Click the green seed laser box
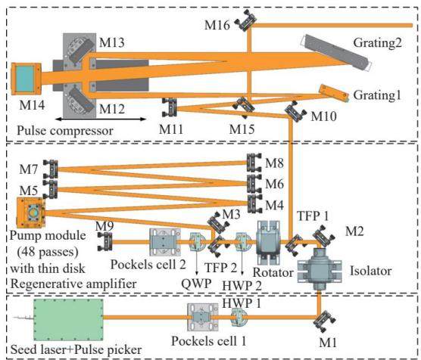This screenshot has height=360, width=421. click(x=68, y=319)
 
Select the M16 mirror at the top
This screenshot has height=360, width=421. click(x=245, y=20)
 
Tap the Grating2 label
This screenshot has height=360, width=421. click(x=377, y=43)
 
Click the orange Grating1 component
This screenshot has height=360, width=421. click(x=334, y=93)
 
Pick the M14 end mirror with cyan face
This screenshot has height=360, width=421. click(x=26, y=79)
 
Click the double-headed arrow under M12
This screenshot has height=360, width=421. click(x=101, y=119)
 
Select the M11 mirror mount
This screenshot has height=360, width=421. click(x=170, y=107)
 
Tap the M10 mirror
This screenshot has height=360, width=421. click(x=295, y=111)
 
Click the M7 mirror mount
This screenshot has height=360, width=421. click(x=51, y=169)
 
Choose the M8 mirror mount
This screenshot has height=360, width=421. click(x=254, y=163)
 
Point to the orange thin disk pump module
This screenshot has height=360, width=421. click(x=30, y=213)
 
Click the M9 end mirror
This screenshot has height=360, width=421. click(x=105, y=241)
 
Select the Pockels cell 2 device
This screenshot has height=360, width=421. click(x=165, y=242)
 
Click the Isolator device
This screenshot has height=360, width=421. click(x=320, y=269)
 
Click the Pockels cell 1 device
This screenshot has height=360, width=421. click(x=202, y=318)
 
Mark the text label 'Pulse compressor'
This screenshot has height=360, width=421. click(x=65, y=131)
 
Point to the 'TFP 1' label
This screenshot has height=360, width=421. click(x=313, y=216)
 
